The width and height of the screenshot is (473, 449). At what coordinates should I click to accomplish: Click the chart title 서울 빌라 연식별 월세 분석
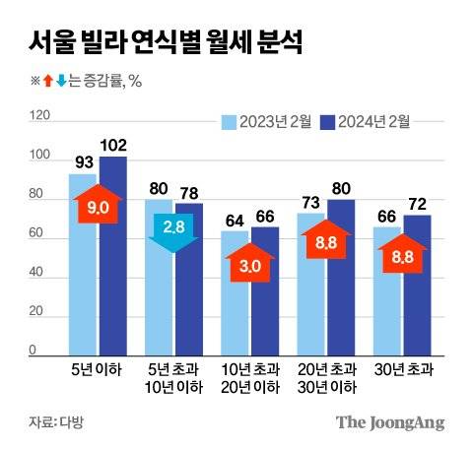pos(164,43)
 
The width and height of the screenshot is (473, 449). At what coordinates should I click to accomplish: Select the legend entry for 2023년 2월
pos(266,123)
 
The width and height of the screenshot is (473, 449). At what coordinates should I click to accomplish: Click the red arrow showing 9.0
pos(98,209)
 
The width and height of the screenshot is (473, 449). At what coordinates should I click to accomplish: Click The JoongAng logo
pos(389,422)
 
